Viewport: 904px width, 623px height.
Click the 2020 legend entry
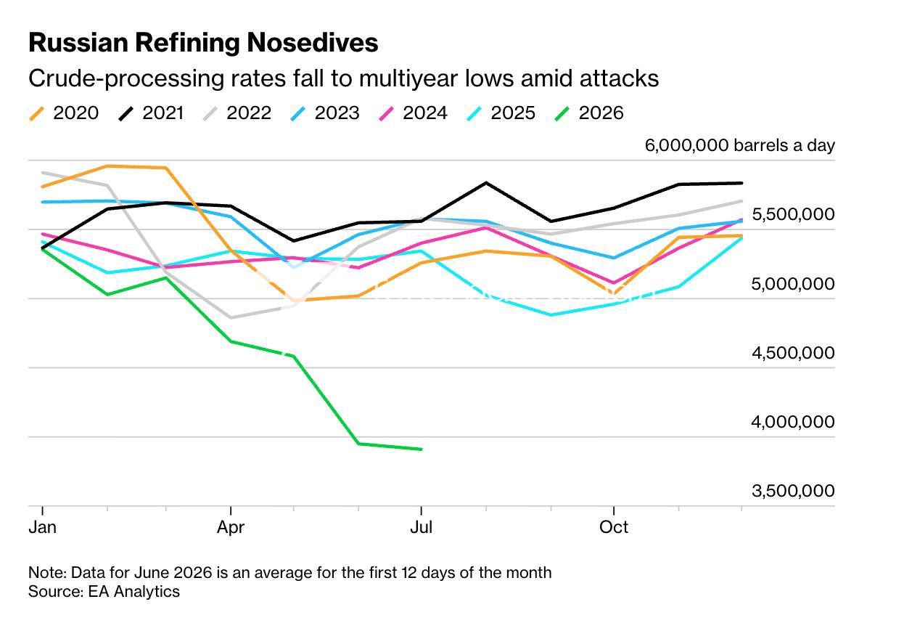pos(64,113)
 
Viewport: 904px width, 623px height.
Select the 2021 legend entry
pos(152,113)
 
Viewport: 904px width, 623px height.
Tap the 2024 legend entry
pos(413,113)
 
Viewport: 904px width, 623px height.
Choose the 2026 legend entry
pos(589,113)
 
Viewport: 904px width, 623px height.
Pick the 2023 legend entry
pos(325,113)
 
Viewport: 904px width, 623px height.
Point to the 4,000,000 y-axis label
pos(792,422)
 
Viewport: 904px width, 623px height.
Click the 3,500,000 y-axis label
pos(792,491)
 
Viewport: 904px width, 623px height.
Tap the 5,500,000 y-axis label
pos(792,214)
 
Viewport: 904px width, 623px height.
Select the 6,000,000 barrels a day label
pos(740,145)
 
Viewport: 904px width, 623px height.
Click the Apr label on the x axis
pos(231,528)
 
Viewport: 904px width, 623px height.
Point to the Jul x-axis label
pos(422,527)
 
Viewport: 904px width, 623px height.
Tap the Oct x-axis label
pos(614,527)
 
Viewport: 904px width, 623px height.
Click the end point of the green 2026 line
pos(422,449)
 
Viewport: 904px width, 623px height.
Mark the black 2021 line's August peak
pos(486,183)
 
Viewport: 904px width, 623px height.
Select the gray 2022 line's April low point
pos(231,318)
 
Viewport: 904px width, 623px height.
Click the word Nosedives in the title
pos(313,42)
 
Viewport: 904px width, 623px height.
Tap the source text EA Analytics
pos(134,592)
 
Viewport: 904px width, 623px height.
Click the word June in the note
pos(152,573)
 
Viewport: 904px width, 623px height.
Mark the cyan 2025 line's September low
pos(551,315)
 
